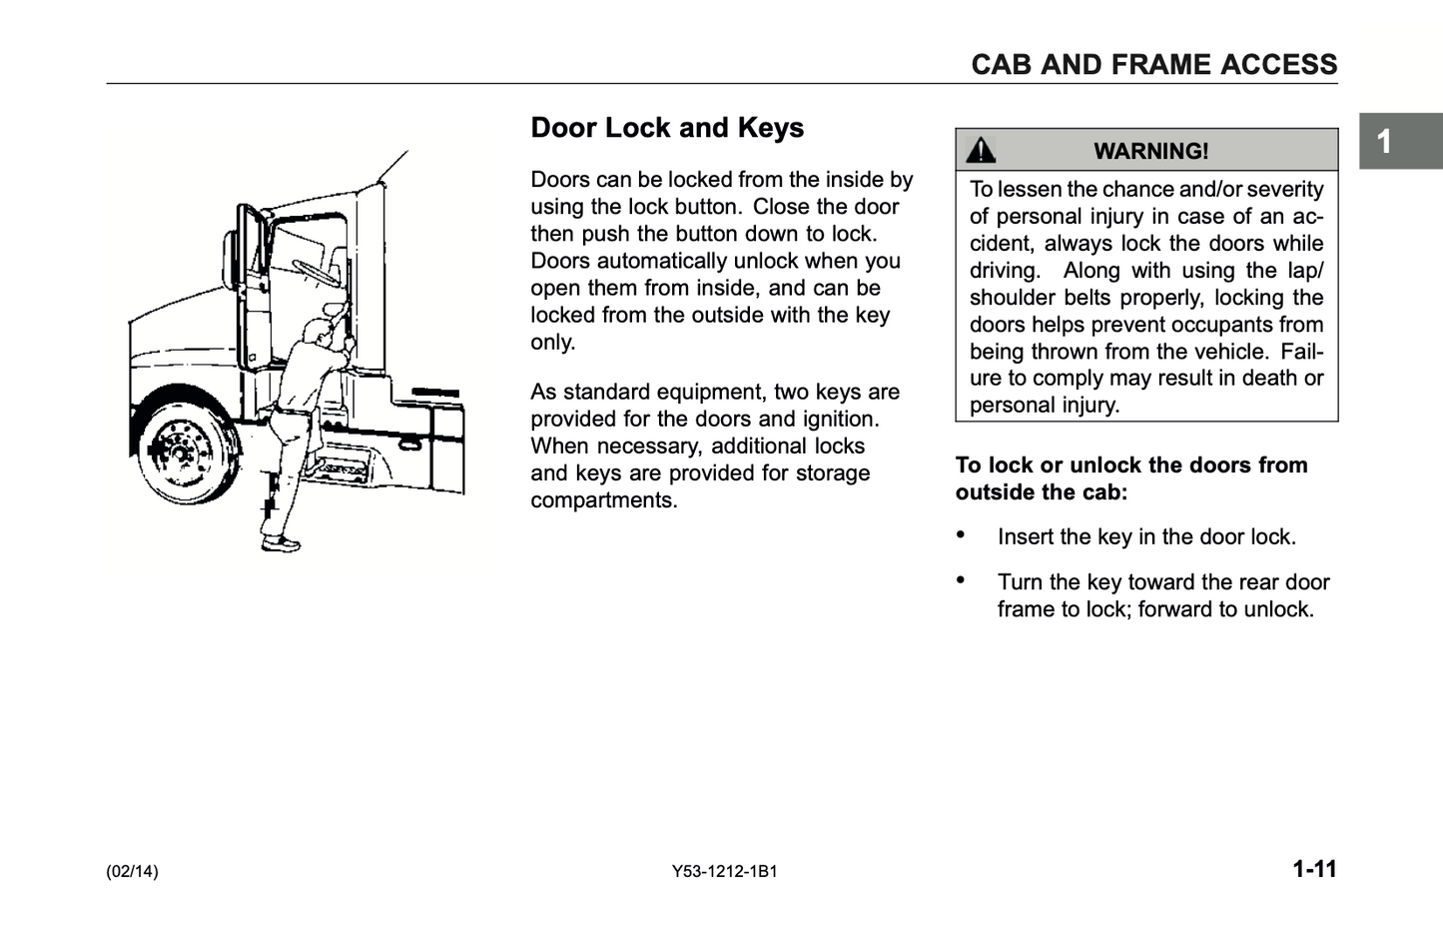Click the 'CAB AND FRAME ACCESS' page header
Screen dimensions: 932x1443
point(1153,65)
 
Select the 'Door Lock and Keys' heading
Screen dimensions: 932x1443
point(667,128)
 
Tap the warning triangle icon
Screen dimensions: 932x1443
point(981,150)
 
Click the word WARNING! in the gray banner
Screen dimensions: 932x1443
point(1150,151)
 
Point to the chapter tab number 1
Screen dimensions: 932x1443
point(1384,142)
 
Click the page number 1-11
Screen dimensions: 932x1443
point(1314,869)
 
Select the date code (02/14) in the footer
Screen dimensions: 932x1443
point(132,871)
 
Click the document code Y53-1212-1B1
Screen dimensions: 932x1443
point(725,871)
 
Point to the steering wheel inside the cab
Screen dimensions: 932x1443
point(314,270)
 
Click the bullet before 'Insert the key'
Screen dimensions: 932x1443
point(961,534)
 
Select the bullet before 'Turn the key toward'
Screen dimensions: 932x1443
point(961,579)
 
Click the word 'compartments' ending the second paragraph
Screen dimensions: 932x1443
point(602,500)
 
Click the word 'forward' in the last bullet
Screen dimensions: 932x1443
point(1180,609)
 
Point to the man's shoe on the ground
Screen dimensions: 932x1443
point(281,543)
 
